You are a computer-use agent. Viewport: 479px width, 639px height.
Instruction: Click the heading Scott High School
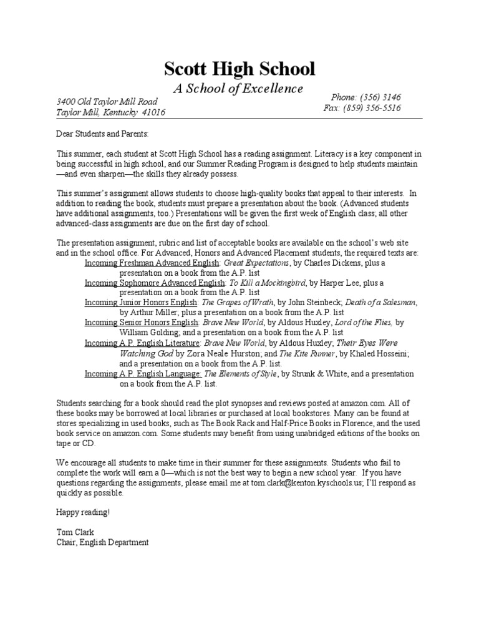click(x=239, y=69)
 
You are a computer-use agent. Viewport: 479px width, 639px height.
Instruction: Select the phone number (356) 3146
click(x=380, y=97)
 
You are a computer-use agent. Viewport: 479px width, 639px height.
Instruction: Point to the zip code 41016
click(x=153, y=113)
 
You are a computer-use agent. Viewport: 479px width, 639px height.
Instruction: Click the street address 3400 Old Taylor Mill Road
click(x=107, y=102)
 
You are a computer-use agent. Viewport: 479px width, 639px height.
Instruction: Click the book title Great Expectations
click(x=256, y=264)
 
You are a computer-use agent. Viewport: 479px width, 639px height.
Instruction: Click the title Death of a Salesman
click(x=380, y=303)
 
